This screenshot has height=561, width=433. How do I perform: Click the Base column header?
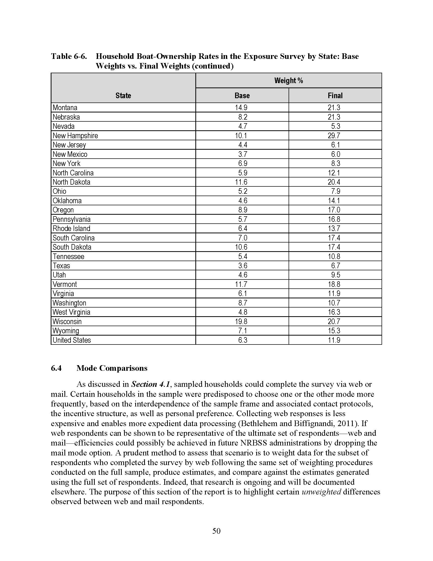[242, 96]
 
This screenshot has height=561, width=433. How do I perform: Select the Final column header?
[335, 96]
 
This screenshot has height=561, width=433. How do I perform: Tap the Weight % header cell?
[289, 81]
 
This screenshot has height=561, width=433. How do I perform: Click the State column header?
[123, 96]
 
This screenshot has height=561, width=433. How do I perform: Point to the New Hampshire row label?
[75, 136]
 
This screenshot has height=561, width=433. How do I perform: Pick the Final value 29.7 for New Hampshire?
[334, 136]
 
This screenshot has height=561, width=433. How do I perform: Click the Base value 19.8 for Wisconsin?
[241, 322]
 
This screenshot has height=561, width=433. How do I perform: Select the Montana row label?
[65, 108]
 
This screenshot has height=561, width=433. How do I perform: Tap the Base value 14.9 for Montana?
[241, 108]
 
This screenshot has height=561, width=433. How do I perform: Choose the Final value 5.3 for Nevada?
[335, 126]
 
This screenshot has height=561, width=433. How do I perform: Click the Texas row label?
[61, 266]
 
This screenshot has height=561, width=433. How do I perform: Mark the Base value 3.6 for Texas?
[243, 266]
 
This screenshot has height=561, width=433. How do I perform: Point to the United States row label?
[72, 340]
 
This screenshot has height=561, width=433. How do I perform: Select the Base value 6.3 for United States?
[243, 340]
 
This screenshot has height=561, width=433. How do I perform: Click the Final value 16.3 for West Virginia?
[334, 312]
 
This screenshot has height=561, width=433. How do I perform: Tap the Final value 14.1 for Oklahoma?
[334, 201]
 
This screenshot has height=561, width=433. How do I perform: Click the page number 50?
[216, 531]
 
